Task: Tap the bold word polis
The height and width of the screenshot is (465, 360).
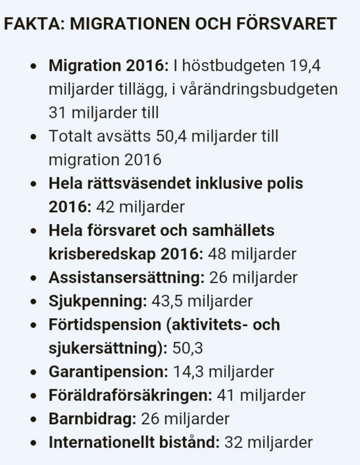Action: (285, 183)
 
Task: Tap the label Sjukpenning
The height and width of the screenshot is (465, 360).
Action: (97, 301)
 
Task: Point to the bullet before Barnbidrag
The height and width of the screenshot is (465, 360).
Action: (34, 419)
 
